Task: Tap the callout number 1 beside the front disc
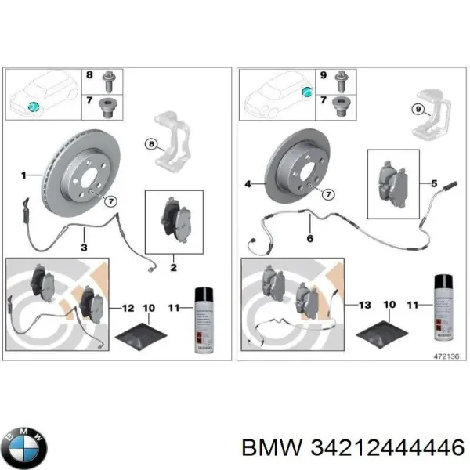click(x=23, y=173)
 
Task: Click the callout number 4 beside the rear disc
click(x=248, y=185)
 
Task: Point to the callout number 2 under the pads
click(x=173, y=266)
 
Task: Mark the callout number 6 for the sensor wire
click(x=309, y=237)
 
